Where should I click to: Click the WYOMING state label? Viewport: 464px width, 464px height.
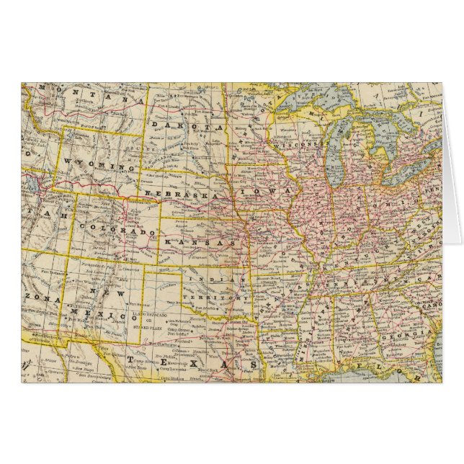[x=100, y=164]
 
